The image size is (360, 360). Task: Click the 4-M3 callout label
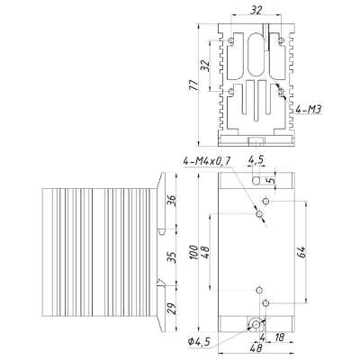point(309,110)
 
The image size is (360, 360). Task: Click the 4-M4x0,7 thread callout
point(207,161)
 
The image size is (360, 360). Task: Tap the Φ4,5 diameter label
point(199,341)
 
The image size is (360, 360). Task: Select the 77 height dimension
point(193,85)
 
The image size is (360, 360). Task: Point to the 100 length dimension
point(193,253)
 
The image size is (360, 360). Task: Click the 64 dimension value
point(301,252)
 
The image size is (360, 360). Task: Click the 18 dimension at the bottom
point(279,337)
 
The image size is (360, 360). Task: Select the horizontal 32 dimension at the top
point(256,11)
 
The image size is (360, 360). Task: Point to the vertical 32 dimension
point(205,66)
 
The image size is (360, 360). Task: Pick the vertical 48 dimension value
point(205,252)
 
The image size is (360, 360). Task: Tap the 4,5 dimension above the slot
point(256,160)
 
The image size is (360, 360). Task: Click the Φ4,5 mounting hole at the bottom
point(256,324)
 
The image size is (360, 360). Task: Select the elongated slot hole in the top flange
point(256,180)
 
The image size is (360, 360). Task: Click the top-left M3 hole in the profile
point(231,40)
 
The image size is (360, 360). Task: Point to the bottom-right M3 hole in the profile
point(281,92)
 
